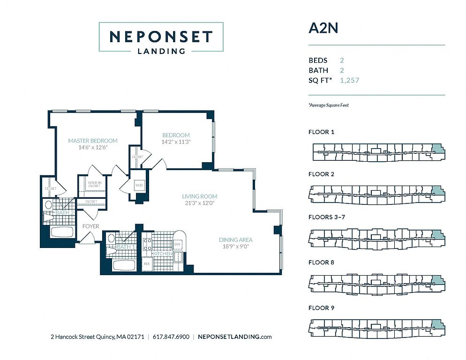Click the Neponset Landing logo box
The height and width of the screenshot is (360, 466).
pos(161,37)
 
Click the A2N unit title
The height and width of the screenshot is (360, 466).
pos(323,28)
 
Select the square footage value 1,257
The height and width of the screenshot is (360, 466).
pos(349,81)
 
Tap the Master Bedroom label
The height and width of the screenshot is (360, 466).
pos(92,141)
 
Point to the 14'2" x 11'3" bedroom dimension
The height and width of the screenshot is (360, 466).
pos(176,142)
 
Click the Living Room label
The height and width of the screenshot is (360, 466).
pos(200,196)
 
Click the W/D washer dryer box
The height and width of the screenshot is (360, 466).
pos(139,185)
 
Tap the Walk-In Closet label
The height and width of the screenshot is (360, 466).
pos(94,184)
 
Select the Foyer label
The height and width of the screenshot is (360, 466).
pos(90,226)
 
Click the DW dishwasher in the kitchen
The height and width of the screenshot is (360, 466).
pos(177,244)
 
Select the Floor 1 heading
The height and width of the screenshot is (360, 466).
pos(321,132)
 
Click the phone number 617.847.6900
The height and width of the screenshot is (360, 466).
pos(172,337)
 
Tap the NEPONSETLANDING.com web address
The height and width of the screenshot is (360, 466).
pos(235,337)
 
